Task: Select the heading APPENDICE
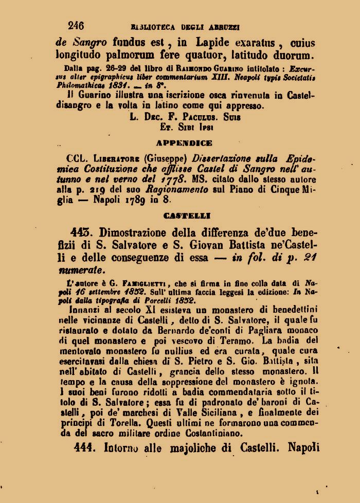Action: pos(184,143)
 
